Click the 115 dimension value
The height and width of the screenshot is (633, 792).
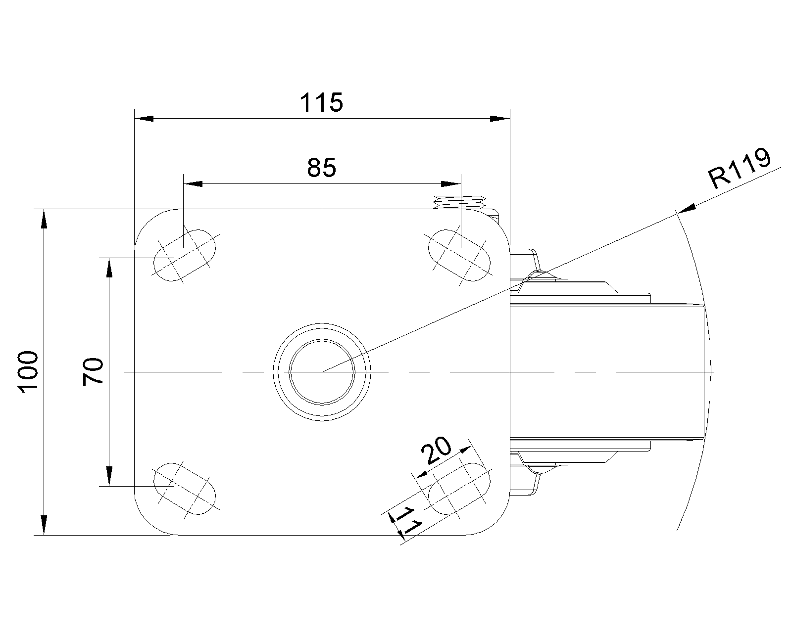click(x=321, y=103)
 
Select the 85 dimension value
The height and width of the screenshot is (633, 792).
click(x=321, y=168)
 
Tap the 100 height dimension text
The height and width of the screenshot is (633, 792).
click(x=28, y=372)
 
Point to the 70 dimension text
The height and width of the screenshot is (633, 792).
click(x=93, y=372)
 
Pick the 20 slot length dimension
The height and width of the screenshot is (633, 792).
click(x=436, y=451)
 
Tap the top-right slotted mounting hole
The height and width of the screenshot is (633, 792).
click(x=459, y=255)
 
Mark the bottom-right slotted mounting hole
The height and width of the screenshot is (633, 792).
click(x=459, y=489)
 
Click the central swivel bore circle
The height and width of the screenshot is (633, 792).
click(x=322, y=371)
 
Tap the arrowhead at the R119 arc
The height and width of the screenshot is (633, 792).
click(x=686, y=209)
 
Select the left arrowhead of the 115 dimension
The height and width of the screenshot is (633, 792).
click(x=144, y=119)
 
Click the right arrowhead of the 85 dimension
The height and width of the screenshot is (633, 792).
click(x=451, y=184)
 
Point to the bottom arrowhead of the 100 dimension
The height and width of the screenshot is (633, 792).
click(x=44, y=525)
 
